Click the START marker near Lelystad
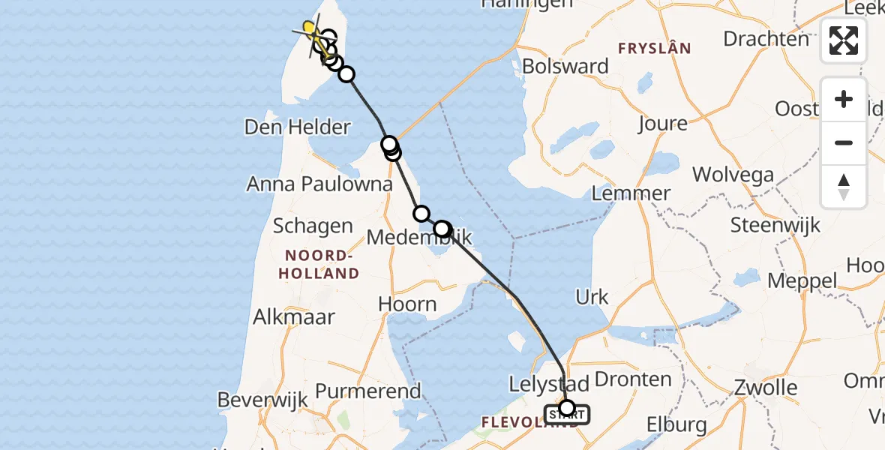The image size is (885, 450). point(567,412)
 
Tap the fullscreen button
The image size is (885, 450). point(844,40)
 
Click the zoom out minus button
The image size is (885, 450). point(844,142)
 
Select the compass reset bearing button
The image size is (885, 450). point(844,186)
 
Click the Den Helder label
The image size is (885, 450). point(297,127)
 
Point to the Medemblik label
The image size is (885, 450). point(420,238)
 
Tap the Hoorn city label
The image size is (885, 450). point(407,304)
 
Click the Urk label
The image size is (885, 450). point(592,296)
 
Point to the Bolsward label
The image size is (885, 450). point(565,66)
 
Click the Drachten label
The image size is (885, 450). point(766,38)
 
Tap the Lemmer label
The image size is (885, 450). point(631,193)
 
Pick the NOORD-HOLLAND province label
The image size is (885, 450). point(319,264)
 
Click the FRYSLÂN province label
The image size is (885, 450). point(653,49)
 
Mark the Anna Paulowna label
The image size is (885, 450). point(319,184)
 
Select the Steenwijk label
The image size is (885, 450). point(775,224)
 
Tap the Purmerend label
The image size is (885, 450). point(367,391)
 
